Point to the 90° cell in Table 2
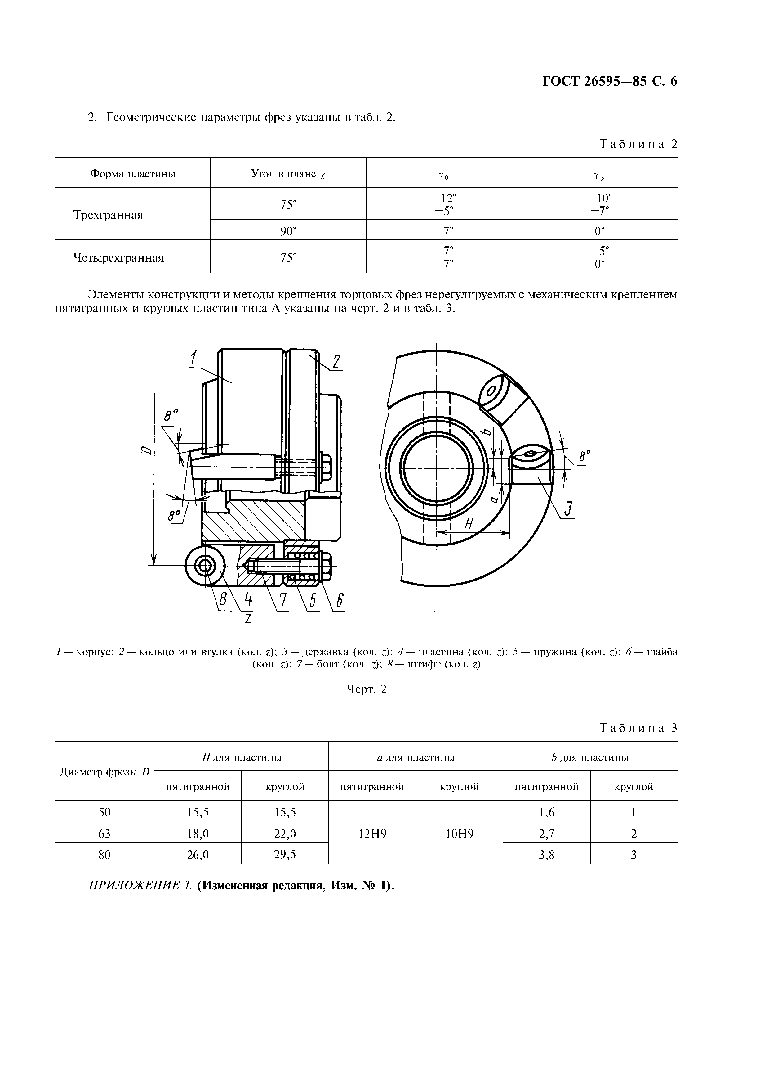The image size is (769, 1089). coord(288,231)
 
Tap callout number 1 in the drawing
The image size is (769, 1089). coord(194,358)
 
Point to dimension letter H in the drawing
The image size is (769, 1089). coord(469,524)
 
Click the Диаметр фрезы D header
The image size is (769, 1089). coord(104,772)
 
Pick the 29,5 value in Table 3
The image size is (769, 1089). coord(285,854)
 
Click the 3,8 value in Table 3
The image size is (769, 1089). coord(546,855)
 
